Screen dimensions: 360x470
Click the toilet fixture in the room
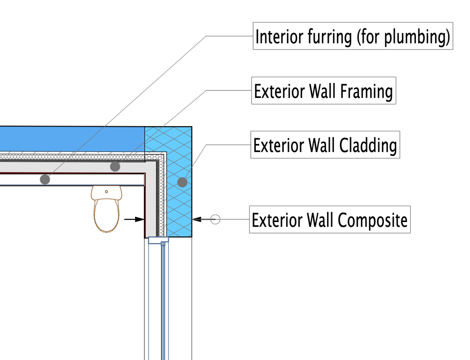click(x=106, y=209)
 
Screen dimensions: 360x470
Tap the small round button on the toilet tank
click(x=107, y=192)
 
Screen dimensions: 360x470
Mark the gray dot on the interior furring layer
click(x=45, y=179)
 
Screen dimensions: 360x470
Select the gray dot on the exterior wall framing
click(x=115, y=167)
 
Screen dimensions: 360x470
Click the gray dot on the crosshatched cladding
click(x=183, y=181)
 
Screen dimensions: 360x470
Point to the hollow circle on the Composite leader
click(x=215, y=219)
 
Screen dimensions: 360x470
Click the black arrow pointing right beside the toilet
click(x=135, y=219)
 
